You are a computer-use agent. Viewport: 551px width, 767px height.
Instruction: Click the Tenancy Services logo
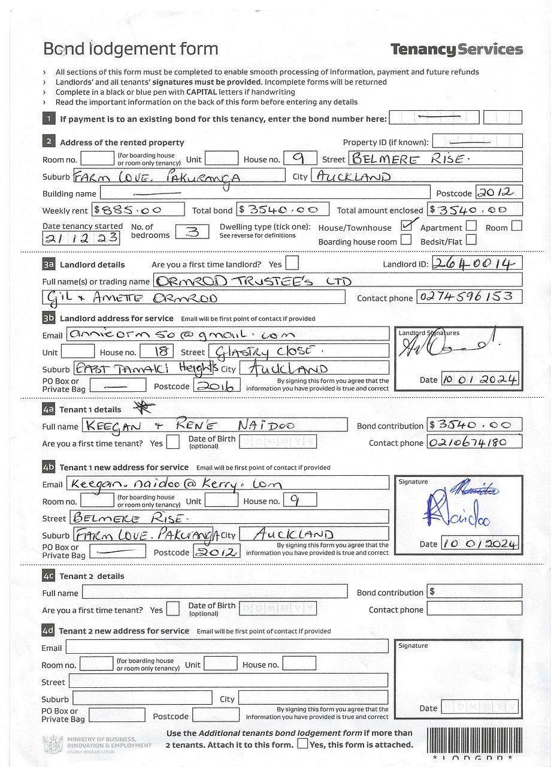click(456, 50)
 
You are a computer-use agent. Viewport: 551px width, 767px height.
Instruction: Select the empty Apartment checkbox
click(471, 226)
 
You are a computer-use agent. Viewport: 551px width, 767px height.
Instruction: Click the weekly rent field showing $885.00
click(138, 210)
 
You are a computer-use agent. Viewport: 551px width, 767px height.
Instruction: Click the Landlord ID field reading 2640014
click(477, 263)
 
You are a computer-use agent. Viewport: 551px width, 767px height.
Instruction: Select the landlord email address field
click(227, 334)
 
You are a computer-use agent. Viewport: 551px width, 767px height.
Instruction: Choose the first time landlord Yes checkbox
click(292, 263)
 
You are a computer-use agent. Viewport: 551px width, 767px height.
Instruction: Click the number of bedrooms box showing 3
click(192, 231)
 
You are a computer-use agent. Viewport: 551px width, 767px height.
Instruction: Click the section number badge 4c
click(49, 576)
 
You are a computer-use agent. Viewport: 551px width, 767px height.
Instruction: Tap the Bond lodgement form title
click(131, 49)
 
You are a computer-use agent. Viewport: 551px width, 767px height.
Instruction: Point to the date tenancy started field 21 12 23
click(81, 238)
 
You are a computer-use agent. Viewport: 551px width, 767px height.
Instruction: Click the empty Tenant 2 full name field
click(214, 592)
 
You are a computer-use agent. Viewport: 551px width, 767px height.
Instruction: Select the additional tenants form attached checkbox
click(302, 744)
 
